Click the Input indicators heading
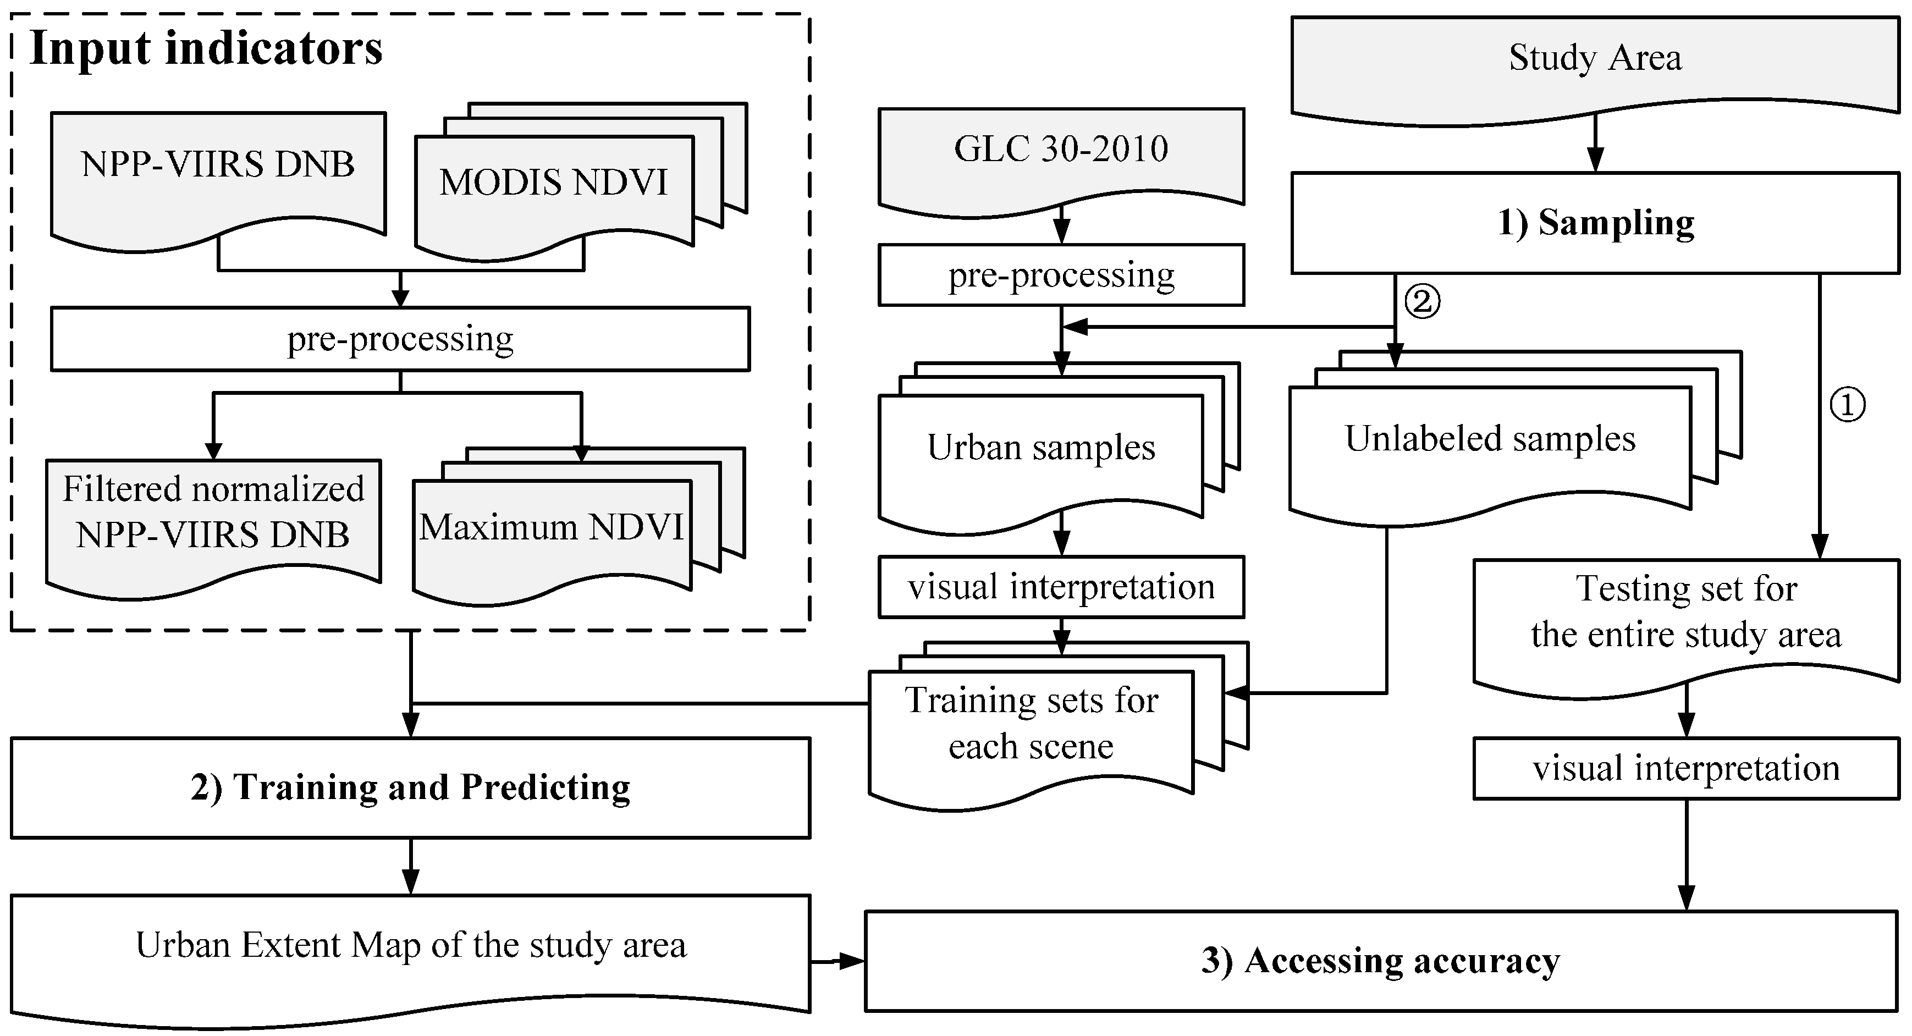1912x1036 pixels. pyautogui.click(x=206, y=49)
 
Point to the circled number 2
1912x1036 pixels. pyautogui.click(x=1422, y=301)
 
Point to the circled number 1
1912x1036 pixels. pyautogui.click(x=1848, y=405)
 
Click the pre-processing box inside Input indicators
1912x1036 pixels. pyautogui.click(x=400, y=339)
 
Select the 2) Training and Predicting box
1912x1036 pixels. pyautogui.click(x=410, y=787)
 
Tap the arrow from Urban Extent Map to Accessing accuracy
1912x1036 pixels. pyautogui.click(x=837, y=962)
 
